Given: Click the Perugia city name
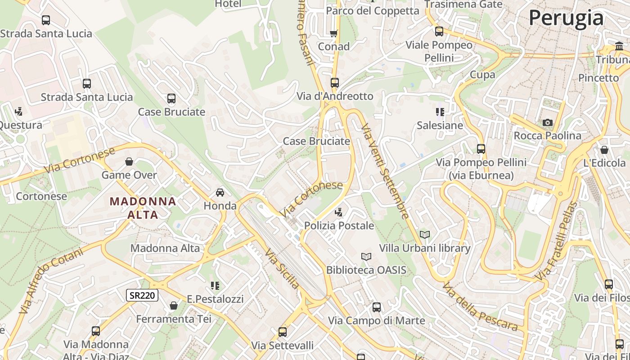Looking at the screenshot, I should [x=566, y=18].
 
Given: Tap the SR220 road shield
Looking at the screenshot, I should [x=142, y=295].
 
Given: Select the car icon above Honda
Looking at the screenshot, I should [x=220, y=193].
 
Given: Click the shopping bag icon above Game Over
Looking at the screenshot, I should [x=129, y=162].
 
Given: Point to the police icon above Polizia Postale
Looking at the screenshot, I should [x=339, y=212].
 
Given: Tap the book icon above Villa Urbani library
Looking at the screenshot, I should [x=424, y=234].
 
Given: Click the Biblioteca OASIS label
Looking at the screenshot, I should [x=366, y=270].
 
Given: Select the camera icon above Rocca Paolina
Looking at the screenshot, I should [x=547, y=122].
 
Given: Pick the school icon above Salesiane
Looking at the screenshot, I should [x=440, y=112].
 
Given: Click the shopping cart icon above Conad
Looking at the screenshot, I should [x=333, y=33].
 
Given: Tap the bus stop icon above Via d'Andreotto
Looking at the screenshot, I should [x=334, y=83].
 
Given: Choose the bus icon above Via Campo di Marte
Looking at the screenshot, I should [x=376, y=307].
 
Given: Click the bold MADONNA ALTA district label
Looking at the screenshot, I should [x=143, y=208].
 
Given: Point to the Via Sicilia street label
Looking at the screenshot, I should [x=282, y=269].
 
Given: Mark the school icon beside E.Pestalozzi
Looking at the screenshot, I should [x=215, y=285].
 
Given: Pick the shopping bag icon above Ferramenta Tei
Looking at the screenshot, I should [x=173, y=306].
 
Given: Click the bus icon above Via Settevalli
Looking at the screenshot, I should [x=282, y=332].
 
